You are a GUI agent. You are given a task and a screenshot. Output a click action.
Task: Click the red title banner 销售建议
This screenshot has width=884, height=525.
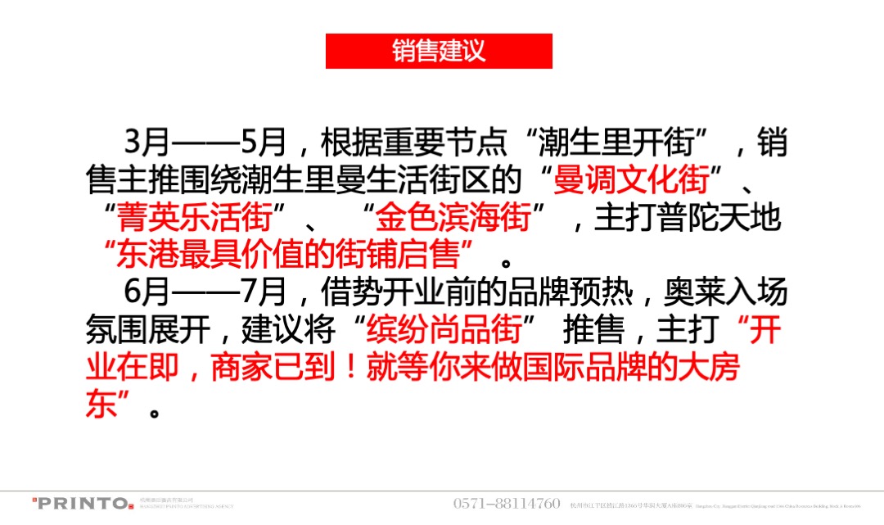point(439,51)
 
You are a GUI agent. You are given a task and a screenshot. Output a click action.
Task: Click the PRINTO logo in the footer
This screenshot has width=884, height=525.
point(82,503)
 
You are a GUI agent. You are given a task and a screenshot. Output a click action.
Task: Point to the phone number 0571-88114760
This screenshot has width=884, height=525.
point(507,503)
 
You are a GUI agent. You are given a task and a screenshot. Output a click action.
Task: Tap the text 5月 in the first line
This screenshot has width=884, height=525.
point(264,143)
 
